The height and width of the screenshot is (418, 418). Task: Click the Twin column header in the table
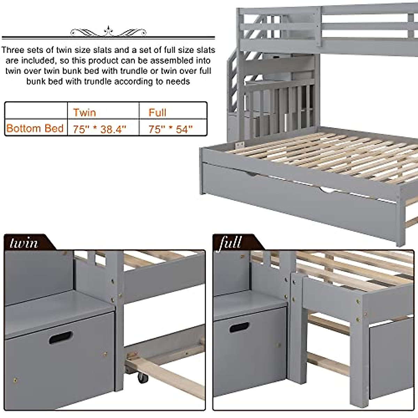tap(84, 112)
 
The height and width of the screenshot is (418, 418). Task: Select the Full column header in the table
tap(157, 112)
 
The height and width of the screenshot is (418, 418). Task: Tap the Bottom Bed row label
tap(35, 128)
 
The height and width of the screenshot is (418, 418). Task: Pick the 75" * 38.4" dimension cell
tap(99, 129)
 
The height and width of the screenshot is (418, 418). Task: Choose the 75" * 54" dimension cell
tap(170, 129)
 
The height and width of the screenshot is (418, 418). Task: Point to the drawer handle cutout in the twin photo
tap(61, 337)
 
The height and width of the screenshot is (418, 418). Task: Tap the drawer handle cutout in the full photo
tap(239, 327)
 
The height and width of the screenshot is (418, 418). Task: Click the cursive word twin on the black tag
tap(24, 242)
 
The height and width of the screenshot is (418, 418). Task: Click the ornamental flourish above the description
tap(108, 32)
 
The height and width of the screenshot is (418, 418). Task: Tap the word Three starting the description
tap(13, 50)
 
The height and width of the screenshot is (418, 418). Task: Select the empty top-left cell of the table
tap(36, 110)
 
